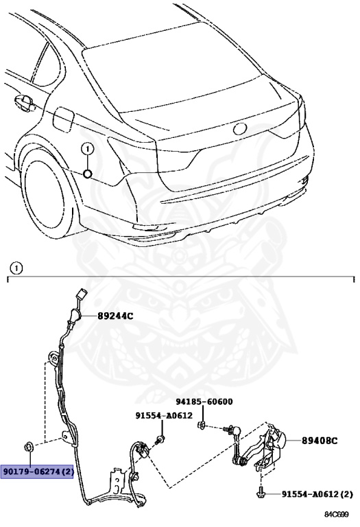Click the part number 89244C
click(x=115, y=316)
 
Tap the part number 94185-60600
click(x=204, y=401)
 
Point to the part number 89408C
click(x=320, y=441)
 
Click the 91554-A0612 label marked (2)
click(x=317, y=494)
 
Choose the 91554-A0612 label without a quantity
click(x=164, y=415)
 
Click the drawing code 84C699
click(x=337, y=515)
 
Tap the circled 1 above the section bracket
click(x=16, y=268)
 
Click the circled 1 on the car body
click(x=88, y=148)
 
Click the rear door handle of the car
click(x=25, y=102)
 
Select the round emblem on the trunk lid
click(x=240, y=128)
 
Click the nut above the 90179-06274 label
click(x=28, y=447)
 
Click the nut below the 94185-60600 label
click(x=202, y=425)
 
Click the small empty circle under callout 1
click(x=88, y=174)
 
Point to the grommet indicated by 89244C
click(x=76, y=316)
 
